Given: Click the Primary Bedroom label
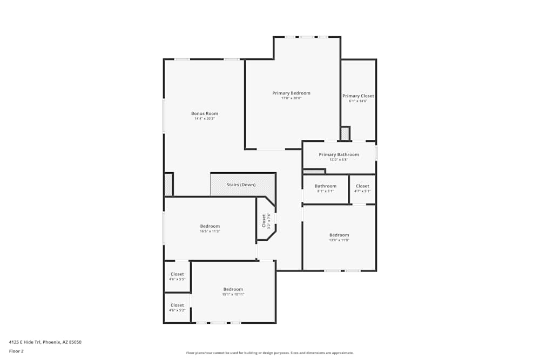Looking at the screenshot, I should click(291, 93).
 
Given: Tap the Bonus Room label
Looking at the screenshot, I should click(205, 113).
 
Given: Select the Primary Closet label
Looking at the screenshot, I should click(358, 96).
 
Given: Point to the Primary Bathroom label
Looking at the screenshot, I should click(339, 154).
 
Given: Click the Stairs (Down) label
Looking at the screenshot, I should click(241, 185).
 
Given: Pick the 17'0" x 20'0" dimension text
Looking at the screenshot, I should click(291, 98).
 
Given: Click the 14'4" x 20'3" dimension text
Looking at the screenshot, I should click(205, 119).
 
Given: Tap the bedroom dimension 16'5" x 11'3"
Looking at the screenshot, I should click(210, 231).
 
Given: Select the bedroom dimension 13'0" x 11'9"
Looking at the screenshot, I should click(339, 240).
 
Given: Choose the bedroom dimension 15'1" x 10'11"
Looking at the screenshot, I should click(233, 294).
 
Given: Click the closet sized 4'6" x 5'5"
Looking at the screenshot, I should click(177, 276).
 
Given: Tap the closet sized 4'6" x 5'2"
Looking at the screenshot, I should click(177, 308).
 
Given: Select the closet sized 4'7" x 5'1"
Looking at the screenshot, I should click(362, 188).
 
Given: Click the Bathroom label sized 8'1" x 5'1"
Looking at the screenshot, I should click(326, 188).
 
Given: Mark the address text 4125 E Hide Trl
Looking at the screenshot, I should click(45, 342).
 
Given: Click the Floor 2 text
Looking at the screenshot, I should click(16, 351).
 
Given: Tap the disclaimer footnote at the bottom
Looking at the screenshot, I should click(270, 353).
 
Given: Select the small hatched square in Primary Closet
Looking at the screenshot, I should click(345, 133).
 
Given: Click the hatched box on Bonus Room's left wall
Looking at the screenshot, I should click(168, 185).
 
